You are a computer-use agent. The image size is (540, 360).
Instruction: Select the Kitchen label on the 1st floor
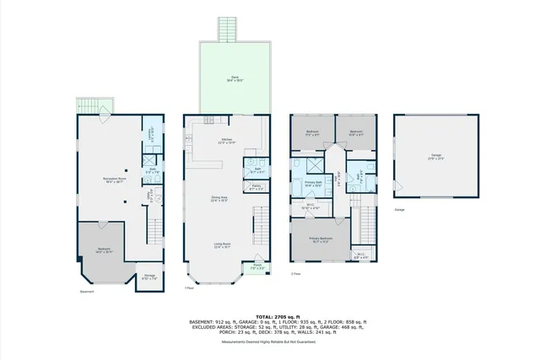click(226, 141)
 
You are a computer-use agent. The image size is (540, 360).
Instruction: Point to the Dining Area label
click(219, 199)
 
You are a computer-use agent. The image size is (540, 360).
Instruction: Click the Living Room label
click(222, 246)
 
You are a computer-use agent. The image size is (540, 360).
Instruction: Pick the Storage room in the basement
click(148, 276)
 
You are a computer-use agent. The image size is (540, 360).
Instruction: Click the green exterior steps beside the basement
click(91, 106)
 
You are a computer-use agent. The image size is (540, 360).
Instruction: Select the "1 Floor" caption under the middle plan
click(189, 287)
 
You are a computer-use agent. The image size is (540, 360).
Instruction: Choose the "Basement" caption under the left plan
click(86, 293)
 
